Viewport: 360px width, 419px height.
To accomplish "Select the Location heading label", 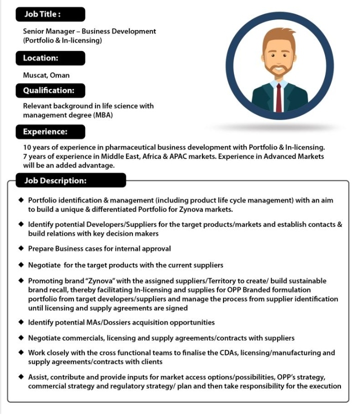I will (x=40, y=58).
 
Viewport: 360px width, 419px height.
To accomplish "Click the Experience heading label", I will (x=45, y=132).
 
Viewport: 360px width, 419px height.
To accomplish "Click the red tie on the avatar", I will (x=279, y=98).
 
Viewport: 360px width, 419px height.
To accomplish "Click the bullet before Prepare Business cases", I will (x=21, y=248).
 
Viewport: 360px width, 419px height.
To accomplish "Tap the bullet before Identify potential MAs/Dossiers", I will (x=21, y=322).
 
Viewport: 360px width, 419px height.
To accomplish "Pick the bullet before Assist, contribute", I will (x=21, y=377).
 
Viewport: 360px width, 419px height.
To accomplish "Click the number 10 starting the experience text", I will (x=27, y=147).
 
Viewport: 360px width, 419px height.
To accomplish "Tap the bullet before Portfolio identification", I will (x=21, y=200).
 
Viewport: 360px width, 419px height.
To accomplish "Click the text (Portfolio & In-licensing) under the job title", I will (x=62, y=40).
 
